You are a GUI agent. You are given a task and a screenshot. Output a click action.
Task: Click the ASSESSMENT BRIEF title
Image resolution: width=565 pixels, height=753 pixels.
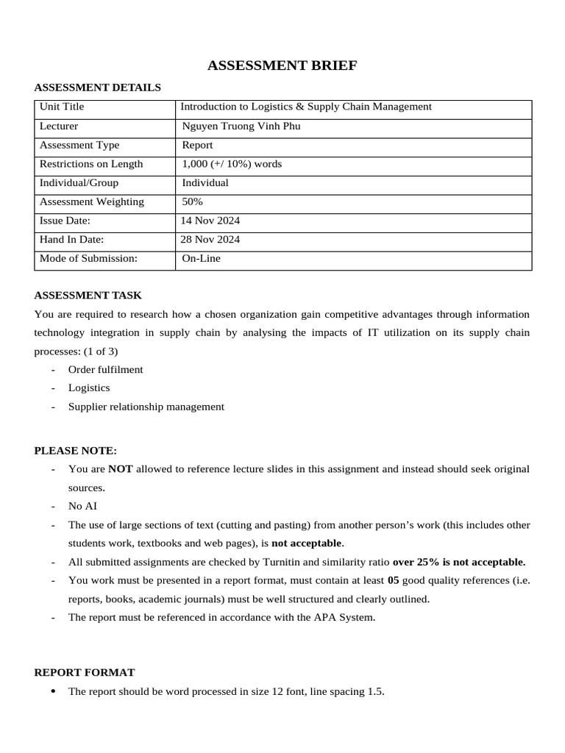[x=282, y=66]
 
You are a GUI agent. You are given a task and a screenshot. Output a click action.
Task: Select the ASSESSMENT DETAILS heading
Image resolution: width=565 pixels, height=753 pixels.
[x=97, y=88]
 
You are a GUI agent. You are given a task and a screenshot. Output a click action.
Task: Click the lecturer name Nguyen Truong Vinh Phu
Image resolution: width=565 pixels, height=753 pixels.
[x=241, y=126]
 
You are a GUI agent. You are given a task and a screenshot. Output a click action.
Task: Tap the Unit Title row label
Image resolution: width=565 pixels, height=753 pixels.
[x=62, y=107]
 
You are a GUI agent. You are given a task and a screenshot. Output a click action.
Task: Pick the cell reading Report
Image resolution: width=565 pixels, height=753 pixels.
[x=197, y=146]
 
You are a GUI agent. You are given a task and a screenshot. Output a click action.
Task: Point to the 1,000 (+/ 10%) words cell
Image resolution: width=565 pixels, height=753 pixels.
[x=232, y=164]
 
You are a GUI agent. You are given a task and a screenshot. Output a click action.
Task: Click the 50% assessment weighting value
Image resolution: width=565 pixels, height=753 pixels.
[x=193, y=202]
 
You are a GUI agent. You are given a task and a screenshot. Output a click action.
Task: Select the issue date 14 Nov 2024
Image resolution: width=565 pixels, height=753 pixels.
[x=210, y=221]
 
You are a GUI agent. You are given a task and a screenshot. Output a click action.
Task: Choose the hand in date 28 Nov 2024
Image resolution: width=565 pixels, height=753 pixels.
[x=210, y=240]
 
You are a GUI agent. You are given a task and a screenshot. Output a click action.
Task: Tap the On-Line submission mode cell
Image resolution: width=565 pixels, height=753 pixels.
[x=201, y=259]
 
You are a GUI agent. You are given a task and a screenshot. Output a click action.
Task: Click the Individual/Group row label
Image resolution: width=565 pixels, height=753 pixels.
[x=79, y=183]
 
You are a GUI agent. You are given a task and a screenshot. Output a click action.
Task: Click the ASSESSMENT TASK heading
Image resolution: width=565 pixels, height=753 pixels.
[x=88, y=296]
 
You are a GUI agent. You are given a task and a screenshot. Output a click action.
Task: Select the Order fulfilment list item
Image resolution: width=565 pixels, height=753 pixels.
[x=105, y=369]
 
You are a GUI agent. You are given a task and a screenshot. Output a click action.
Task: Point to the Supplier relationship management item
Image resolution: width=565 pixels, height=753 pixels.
[x=146, y=407]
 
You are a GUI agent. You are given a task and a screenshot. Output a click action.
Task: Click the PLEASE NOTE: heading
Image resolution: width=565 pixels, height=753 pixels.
[x=76, y=451]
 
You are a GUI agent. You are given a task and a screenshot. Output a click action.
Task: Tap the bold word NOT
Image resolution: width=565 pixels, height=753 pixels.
[x=121, y=469]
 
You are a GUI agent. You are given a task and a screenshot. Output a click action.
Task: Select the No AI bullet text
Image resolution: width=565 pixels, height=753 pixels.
[x=82, y=506]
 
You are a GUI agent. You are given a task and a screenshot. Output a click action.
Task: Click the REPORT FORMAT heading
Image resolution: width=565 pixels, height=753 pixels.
[x=85, y=673]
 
